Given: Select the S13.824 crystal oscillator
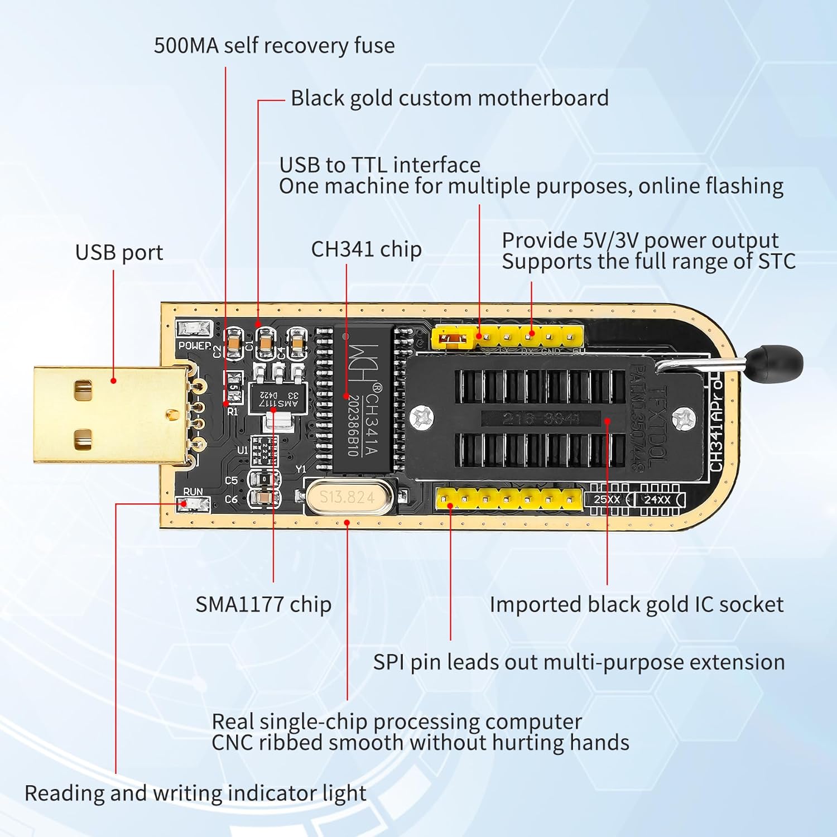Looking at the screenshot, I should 348,496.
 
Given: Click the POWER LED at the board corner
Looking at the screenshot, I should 194,329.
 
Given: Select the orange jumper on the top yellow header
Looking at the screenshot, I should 454,338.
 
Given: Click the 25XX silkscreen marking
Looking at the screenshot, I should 606,499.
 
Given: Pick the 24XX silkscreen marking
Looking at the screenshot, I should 657,499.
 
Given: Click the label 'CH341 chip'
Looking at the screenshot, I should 366,249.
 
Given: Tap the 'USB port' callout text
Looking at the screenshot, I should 119,253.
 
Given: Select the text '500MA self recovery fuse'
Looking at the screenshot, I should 274,46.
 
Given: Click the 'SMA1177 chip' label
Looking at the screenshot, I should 263,604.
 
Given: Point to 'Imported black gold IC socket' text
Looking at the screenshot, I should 636,605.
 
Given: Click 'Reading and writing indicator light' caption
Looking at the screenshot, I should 195,793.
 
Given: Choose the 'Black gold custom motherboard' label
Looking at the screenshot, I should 449,98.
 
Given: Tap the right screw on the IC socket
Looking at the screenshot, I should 684,418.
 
